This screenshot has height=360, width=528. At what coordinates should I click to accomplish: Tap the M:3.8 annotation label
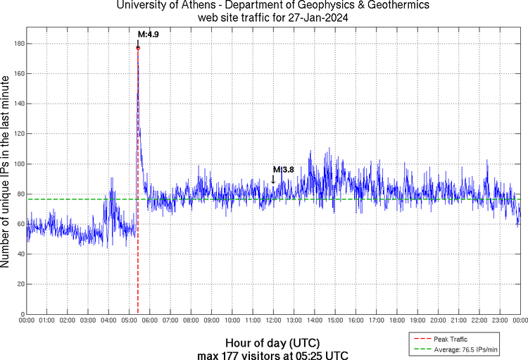click(283, 169)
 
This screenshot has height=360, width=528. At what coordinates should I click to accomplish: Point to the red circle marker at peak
click(138, 48)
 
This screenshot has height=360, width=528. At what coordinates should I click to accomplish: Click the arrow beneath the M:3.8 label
click(273, 179)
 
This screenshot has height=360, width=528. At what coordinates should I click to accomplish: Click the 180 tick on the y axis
click(19, 44)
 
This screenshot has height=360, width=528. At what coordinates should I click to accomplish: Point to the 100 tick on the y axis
click(19, 164)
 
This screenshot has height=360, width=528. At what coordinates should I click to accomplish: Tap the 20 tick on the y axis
click(20, 284)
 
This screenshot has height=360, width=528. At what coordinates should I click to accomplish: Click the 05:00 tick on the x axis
click(130, 320)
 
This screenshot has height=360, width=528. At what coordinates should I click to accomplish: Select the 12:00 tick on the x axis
click(273, 320)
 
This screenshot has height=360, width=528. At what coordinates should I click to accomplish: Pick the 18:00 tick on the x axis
click(396, 320)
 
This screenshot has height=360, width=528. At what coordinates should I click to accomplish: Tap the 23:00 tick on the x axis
click(499, 320)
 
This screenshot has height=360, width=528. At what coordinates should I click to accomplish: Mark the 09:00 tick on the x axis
click(212, 320)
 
